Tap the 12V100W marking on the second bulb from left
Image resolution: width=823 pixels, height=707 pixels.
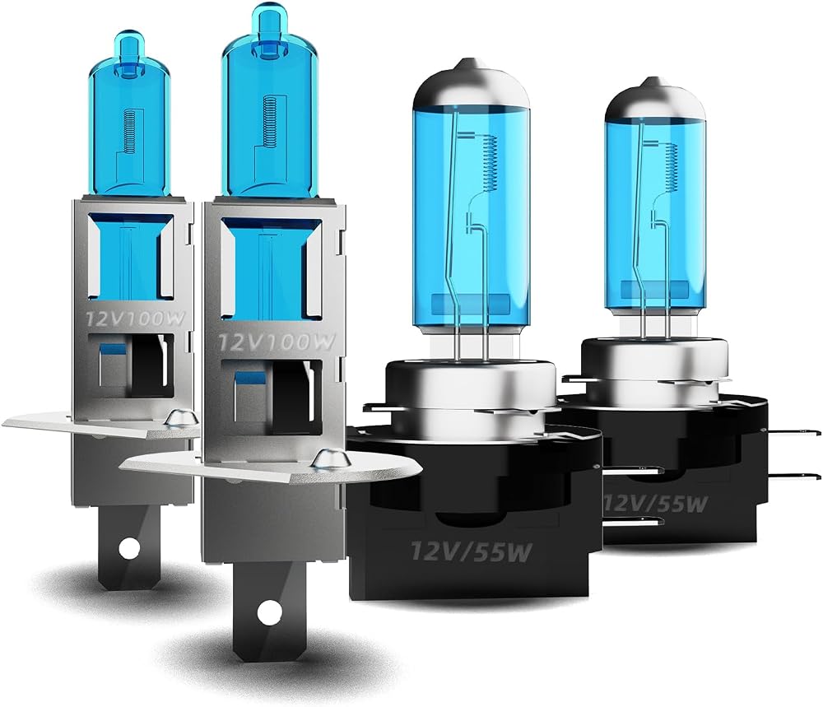tap(276, 342)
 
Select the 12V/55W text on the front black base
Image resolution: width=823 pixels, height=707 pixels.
tap(471, 551)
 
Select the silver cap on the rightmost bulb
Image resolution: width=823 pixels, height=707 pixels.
tap(654, 101)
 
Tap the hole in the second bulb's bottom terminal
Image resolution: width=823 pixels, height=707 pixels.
tap(269, 614)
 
